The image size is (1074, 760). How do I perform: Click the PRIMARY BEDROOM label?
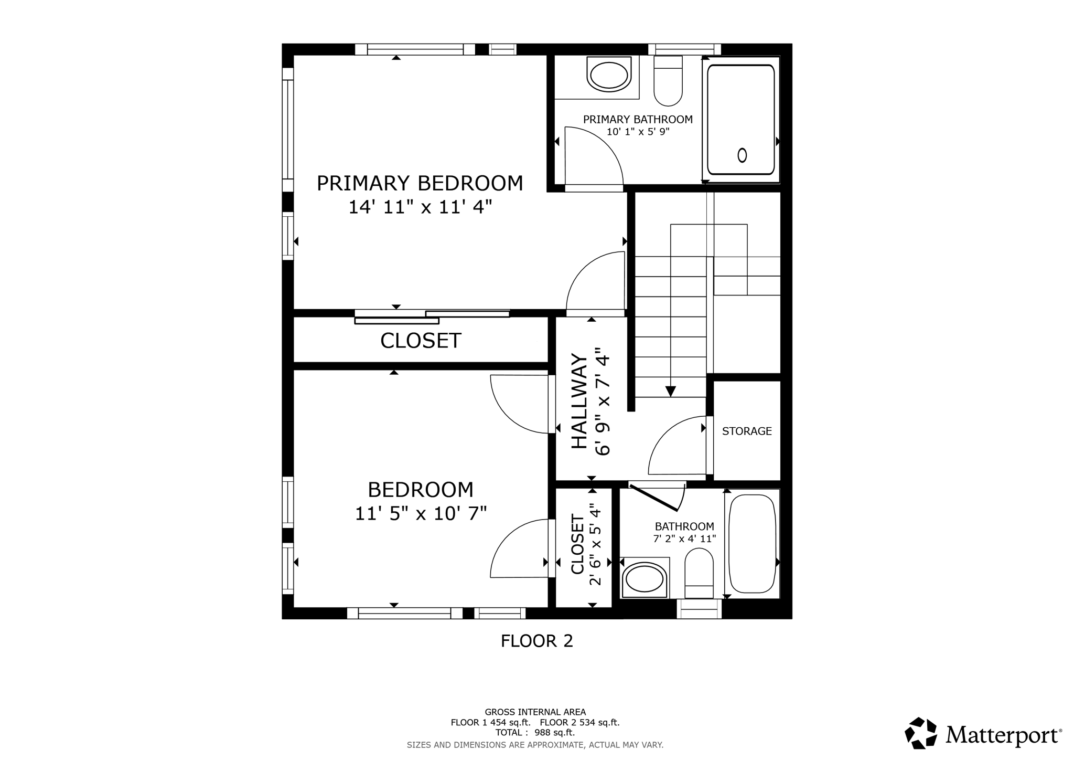pyautogui.click(x=420, y=183)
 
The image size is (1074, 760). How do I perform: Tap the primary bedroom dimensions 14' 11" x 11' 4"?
pyautogui.click(x=420, y=207)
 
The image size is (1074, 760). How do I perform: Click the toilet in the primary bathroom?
pyautogui.click(x=668, y=81)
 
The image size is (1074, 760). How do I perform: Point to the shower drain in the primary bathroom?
pyautogui.click(x=742, y=155)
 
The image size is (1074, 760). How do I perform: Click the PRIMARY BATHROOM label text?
pyautogui.click(x=638, y=120)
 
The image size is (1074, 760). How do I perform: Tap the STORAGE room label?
pyautogui.click(x=747, y=431)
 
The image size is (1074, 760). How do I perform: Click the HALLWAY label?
pyautogui.click(x=579, y=401)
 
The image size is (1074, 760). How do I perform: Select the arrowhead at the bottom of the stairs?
pyautogui.click(x=670, y=392)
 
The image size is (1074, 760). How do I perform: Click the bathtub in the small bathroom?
pyautogui.click(x=752, y=544)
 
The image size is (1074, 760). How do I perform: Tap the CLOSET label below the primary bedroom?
pyautogui.click(x=421, y=341)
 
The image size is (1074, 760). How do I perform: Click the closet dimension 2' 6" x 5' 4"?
pyautogui.click(x=595, y=544)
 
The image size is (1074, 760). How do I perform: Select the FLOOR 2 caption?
pyautogui.click(x=537, y=641)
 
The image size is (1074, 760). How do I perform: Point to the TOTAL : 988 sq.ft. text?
pyautogui.click(x=535, y=732)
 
